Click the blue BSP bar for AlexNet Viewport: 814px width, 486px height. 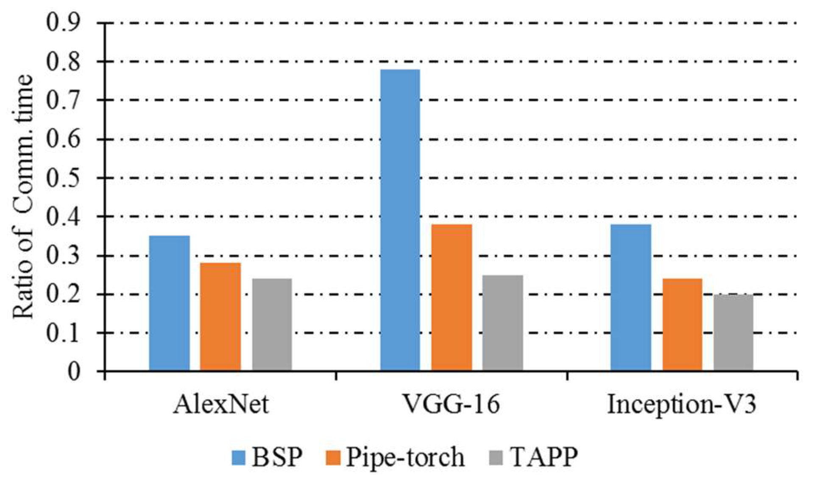tap(169, 303)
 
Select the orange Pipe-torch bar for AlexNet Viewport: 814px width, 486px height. tap(220, 317)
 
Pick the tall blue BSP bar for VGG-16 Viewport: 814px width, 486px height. tap(400, 221)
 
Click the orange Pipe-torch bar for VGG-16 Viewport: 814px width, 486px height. tap(452, 298)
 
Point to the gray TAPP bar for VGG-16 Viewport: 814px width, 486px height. tap(502, 323)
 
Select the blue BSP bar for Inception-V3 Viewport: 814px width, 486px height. tap(630, 298)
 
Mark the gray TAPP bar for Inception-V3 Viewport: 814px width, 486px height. tap(733, 333)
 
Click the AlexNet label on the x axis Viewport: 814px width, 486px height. tap(220, 405)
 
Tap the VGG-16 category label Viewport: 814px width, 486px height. tap(451, 405)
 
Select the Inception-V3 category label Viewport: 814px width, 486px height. tap(681, 405)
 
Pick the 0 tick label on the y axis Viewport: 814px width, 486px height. tap(74, 372)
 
